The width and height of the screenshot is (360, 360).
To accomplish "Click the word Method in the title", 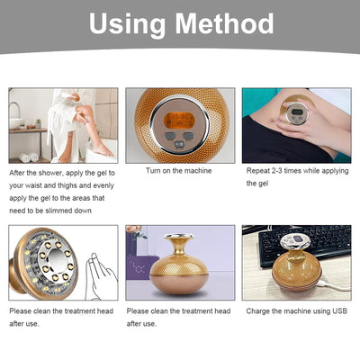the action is point(224,23).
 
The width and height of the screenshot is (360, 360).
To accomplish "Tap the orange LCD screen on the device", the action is point(179,120).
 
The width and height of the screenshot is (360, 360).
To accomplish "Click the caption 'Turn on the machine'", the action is point(179,171).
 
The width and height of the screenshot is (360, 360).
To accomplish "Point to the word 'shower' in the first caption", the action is point(50,173).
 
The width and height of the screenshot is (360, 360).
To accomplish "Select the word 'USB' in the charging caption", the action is point(339,311).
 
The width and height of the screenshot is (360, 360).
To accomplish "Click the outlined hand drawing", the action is point(101,277).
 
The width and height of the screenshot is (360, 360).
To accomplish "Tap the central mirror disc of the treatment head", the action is point(58,257).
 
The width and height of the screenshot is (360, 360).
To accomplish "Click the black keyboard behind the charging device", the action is point(304,244).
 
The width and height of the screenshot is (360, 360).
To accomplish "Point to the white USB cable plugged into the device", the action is point(335,285).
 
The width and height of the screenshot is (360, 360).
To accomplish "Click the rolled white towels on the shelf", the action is point(29,157).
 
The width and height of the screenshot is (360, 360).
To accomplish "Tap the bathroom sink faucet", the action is point(15,110).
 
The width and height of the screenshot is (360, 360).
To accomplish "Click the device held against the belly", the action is point(295,110).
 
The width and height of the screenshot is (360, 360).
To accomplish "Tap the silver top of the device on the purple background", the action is point(179,236).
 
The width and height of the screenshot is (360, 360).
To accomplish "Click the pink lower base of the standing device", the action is point(179,283).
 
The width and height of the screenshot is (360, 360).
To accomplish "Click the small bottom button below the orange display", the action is point(179,144).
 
